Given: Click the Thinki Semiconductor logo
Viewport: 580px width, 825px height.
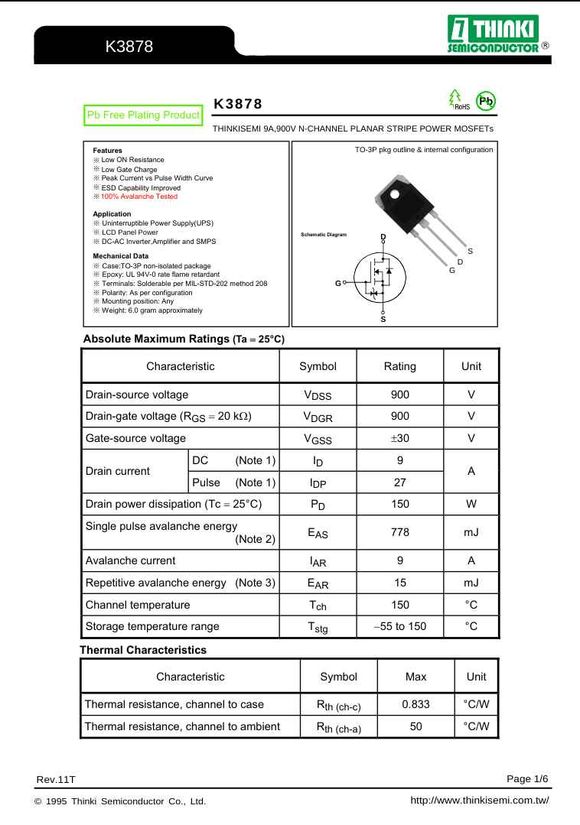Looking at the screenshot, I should [493, 35].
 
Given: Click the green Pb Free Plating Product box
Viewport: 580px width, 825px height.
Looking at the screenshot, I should [143, 115].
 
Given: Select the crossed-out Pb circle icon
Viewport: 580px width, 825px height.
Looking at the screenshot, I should [485, 100].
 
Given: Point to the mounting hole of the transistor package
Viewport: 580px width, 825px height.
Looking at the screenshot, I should [395, 193].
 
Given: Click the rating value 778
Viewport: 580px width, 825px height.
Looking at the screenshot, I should [399, 532].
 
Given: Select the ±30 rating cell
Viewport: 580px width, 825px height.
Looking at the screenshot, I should [399, 438].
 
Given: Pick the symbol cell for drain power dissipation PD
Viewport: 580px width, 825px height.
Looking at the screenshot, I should [318, 505].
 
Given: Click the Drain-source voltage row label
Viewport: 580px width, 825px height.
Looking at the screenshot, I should [137, 395].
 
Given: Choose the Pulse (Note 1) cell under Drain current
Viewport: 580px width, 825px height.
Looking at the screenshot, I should [233, 482].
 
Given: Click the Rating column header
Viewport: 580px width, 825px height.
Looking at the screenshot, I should [399, 366].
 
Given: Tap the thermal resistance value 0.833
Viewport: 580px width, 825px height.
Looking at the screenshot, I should [415, 704].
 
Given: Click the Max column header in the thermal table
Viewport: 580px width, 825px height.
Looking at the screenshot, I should [415, 677].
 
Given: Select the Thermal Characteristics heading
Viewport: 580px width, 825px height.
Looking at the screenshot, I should [143, 650].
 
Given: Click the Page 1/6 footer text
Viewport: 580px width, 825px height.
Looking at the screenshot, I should [527, 778].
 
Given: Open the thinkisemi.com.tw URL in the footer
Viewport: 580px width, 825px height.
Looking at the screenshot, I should [480, 801].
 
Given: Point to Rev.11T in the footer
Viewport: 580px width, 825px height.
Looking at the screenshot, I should [56, 779].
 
